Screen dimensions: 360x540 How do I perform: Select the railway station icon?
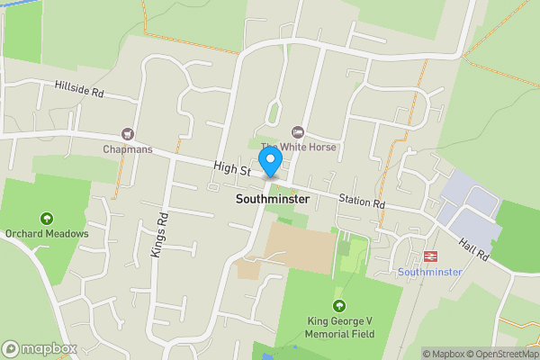[429, 256]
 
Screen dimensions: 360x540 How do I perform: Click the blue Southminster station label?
[429, 272]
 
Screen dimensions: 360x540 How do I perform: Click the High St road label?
[231, 167]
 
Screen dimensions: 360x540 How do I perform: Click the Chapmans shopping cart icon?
[128, 133]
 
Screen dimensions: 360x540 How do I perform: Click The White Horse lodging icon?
[300, 133]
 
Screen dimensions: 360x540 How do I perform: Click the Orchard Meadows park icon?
[47, 218]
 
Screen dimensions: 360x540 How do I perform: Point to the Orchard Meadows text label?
[47, 234]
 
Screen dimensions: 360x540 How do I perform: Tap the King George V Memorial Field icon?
[339, 306]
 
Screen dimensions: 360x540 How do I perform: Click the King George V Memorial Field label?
[338, 328]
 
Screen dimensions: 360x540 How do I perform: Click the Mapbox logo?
[38, 348]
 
